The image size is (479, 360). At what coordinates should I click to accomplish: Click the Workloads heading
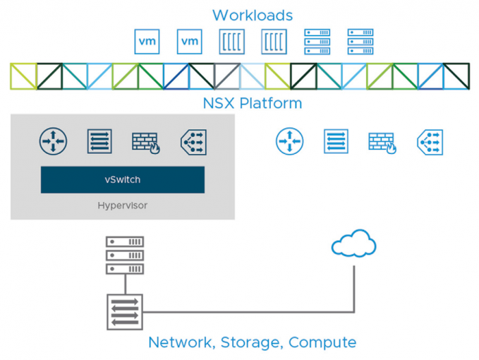pyautogui.click(x=252, y=15)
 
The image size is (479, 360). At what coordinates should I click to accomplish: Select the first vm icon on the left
pyautogui.click(x=147, y=42)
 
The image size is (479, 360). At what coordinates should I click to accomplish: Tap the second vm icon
pyautogui.click(x=190, y=42)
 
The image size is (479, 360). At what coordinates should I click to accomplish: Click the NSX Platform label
pyautogui.click(x=252, y=104)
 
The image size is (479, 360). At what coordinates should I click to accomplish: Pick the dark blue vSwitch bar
pyautogui.click(x=122, y=180)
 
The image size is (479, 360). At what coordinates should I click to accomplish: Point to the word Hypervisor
pyautogui.click(x=122, y=205)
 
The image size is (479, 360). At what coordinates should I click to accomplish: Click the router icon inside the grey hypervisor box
pyautogui.click(x=52, y=141)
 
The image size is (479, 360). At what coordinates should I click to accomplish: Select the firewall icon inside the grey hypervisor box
pyautogui.click(x=145, y=142)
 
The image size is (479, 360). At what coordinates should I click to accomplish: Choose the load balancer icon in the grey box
pyautogui.click(x=193, y=141)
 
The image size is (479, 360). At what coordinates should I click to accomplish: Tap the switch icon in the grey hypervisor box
pyautogui.click(x=99, y=141)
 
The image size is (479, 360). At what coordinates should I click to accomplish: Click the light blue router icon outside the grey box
pyautogui.click(x=289, y=141)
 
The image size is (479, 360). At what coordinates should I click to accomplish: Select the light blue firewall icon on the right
pyautogui.click(x=382, y=142)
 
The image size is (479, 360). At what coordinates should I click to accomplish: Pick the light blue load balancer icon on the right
pyautogui.click(x=430, y=141)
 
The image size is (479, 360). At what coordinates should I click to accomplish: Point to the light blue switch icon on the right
pyautogui.click(x=336, y=141)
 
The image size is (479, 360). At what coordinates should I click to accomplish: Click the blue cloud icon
pyautogui.click(x=353, y=244)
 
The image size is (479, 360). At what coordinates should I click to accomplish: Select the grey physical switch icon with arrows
pyautogui.click(x=124, y=311)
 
